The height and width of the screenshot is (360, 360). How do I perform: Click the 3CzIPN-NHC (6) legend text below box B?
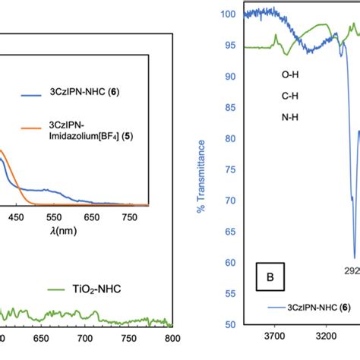(x=319, y=329)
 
